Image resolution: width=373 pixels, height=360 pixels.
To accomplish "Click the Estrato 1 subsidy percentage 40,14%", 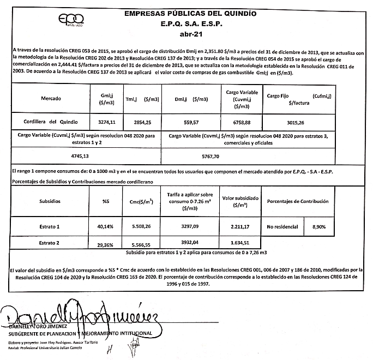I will pyautogui.click(x=104, y=225).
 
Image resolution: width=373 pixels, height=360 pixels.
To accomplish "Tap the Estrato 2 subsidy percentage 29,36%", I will pyautogui.click(x=104, y=245).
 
